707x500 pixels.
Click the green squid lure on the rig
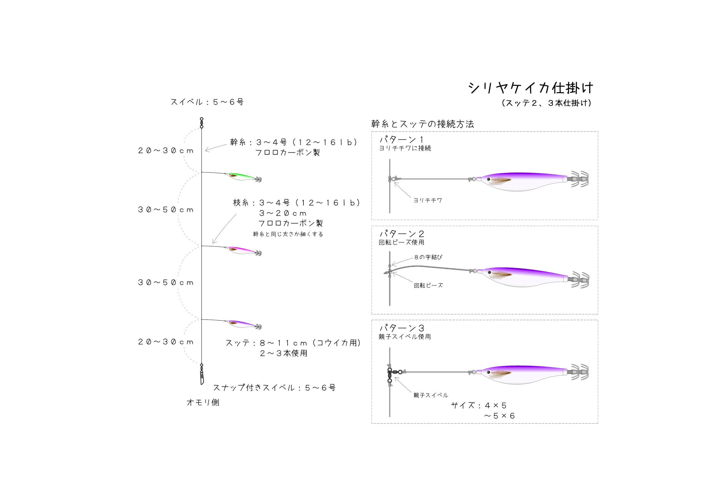[x=243, y=177]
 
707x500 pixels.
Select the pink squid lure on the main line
[x=243, y=251]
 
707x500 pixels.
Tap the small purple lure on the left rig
[x=243, y=325]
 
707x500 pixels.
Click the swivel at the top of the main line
[x=202, y=123]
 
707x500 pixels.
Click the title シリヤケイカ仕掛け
[x=531, y=88]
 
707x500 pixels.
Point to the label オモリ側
[x=203, y=402]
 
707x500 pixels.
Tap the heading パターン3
[x=402, y=328]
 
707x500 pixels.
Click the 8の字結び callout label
[x=428, y=257]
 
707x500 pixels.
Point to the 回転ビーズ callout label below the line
[x=428, y=286]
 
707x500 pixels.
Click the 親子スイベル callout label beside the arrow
[x=431, y=395]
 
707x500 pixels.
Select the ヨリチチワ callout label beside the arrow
[x=428, y=200]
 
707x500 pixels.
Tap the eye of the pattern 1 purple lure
[x=489, y=179]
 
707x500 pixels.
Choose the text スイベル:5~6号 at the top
[x=207, y=102]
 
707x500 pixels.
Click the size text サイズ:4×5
[x=479, y=406]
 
